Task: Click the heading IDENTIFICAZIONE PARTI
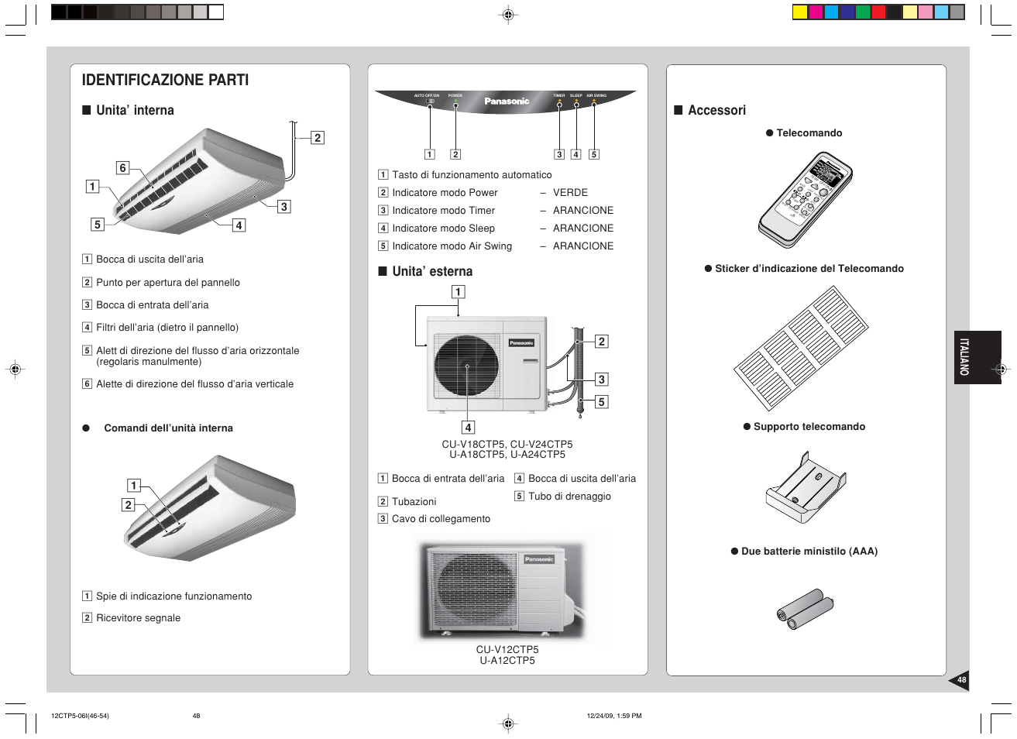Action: (x=165, y=80)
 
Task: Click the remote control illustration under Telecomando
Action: (x=806, y=199)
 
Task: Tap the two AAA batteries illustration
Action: (x=805, y=609)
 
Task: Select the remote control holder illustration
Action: (x=806, y=488)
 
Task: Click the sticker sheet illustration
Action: (x=801, y=348)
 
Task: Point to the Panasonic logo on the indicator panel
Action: (x=507, y=101)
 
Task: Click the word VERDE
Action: (x=570, y=193)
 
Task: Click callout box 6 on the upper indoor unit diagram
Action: (x=122, y=168)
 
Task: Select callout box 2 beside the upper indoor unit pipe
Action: (x=317, y=138)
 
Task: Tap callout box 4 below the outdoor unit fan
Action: (x=468, y=428)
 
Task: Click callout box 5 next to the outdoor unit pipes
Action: (x=601, y=402)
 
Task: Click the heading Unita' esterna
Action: (x=431, y=272)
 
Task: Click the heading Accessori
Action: (x=716, y=111)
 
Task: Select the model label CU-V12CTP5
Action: (x=507, y=650)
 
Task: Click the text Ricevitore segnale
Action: (x=138, y=618)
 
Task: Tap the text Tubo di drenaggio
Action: (x=569, y=497)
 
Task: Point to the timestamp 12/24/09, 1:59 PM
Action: (x=613, y=716)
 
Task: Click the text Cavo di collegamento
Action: (x=441, y=519)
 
